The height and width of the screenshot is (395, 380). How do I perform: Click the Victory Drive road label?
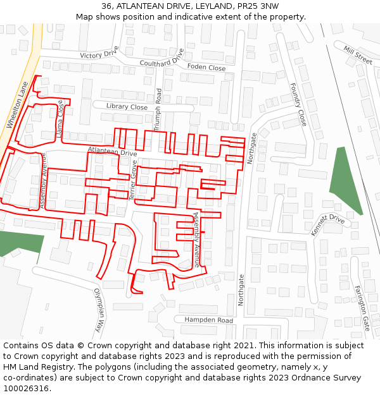pyautogui.click(x=99, y=53)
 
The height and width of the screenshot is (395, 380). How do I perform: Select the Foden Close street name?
pyautogui.click(x=206, y=67)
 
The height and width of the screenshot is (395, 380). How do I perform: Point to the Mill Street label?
pyautogui.click(x=358, y=55)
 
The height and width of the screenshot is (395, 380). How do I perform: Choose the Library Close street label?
pyautogui.click(x=127, y=107)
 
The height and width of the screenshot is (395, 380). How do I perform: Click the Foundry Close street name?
pyautogui.click(x=298, y=104)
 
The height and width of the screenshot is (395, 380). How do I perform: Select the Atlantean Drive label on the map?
pyautogui.click(x=113, y=152)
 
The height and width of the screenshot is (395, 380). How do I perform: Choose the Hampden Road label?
pyautogui.click(x=208, y=320)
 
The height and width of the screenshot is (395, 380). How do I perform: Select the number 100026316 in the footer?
pyautogui.click(x=25, y=389)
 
